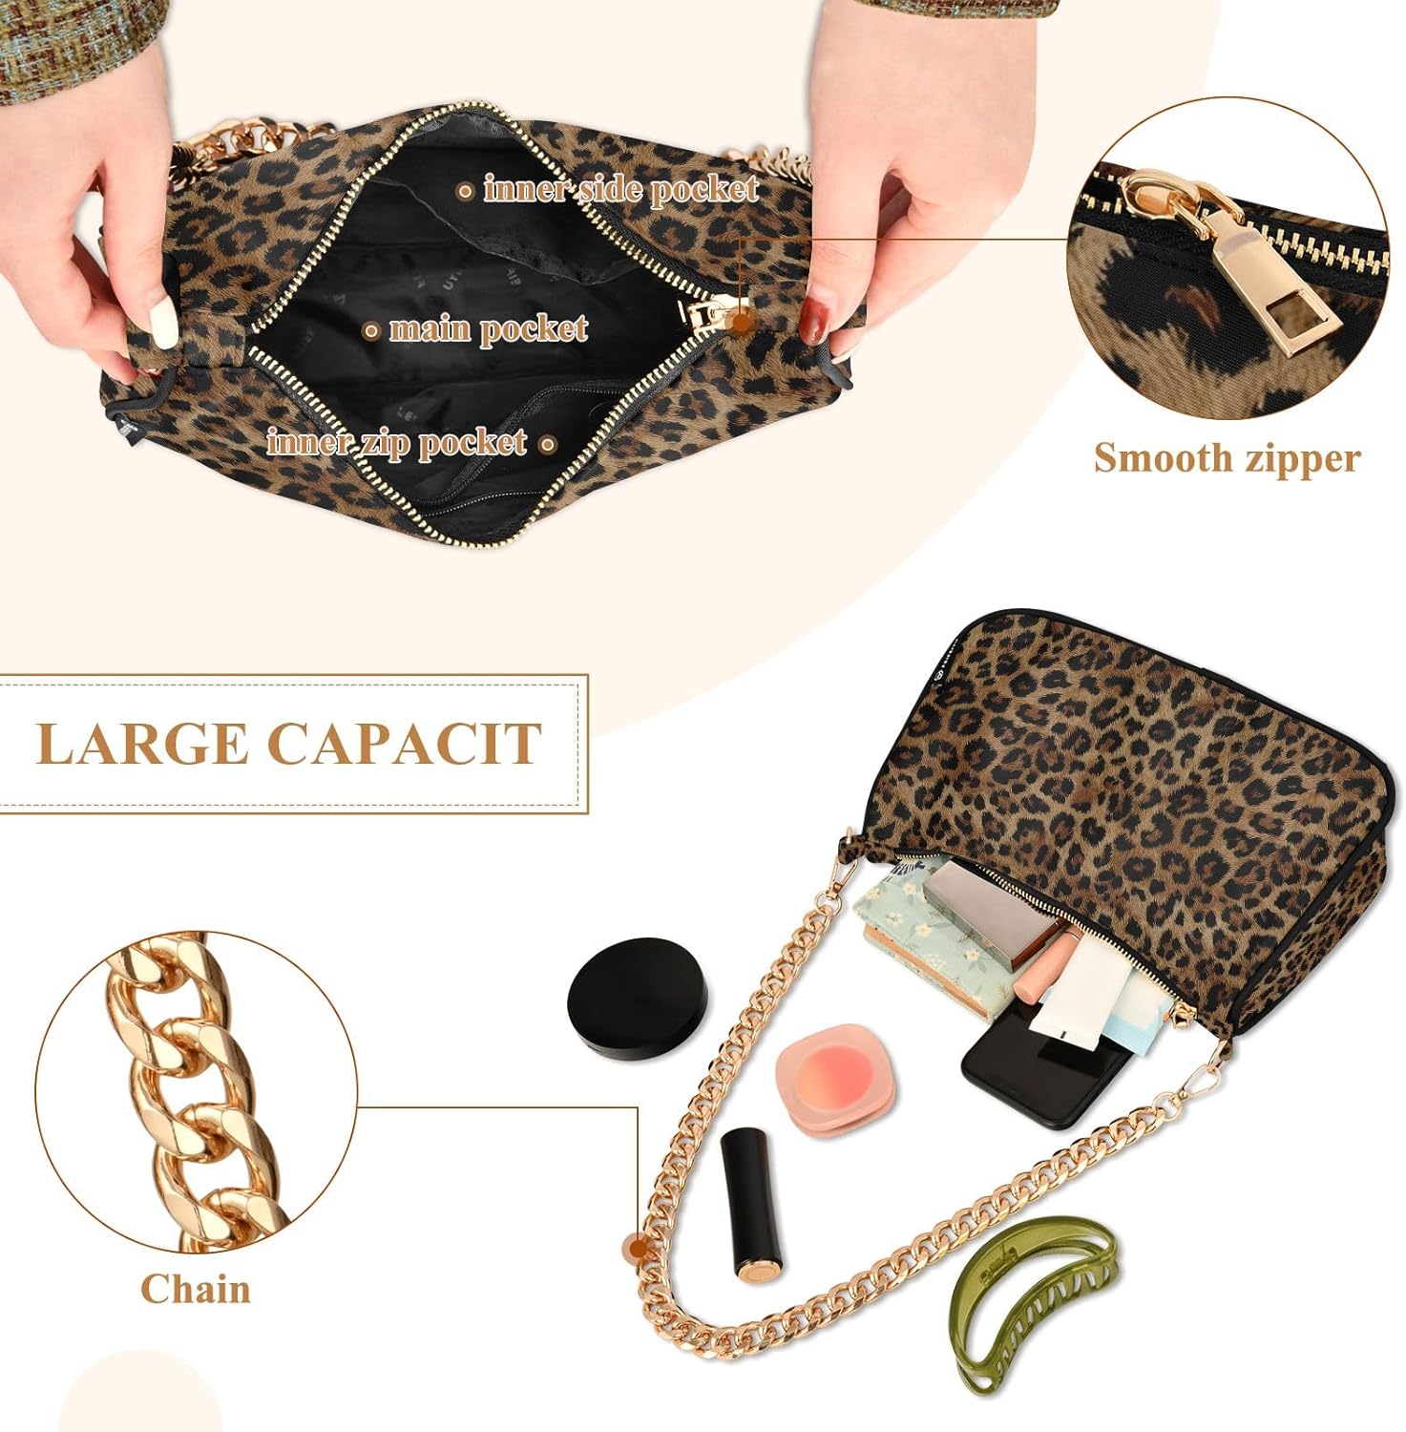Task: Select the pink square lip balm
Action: pos(837,1074)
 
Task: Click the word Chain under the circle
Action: pos(196,1289)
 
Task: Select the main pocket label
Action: pos(488,329)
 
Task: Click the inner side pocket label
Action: pos(620,189)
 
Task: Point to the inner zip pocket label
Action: pos(396,442)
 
